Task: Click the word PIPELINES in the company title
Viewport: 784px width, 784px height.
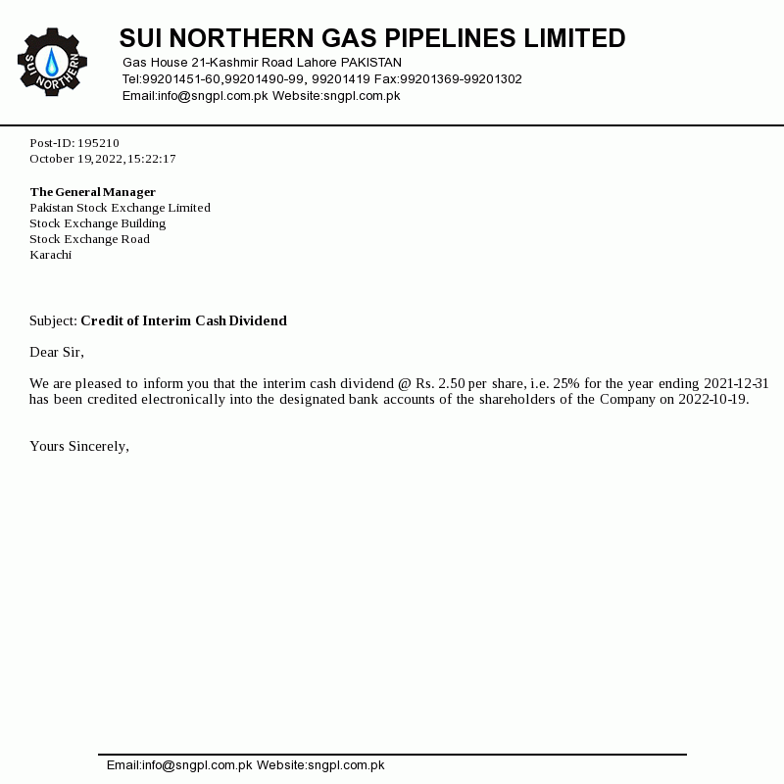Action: [448, 39]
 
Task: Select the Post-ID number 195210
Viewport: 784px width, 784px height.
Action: [98, 143]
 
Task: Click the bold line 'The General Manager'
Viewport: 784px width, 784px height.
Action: [93, 192]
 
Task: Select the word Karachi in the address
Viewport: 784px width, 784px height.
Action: [50, 255]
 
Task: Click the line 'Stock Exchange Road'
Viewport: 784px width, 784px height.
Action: [89, 239]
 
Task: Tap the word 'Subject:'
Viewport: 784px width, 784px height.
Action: [53, 320]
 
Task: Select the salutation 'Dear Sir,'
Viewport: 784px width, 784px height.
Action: [57, 352]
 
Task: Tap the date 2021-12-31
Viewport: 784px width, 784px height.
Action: [736, 383]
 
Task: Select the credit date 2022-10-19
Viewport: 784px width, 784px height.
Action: [712, 399]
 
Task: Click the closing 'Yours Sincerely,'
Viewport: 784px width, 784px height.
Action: [79, 446]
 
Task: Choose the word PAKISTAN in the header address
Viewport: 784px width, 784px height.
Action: [370, 63]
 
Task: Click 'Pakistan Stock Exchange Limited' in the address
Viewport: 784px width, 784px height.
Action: [120, 208]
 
